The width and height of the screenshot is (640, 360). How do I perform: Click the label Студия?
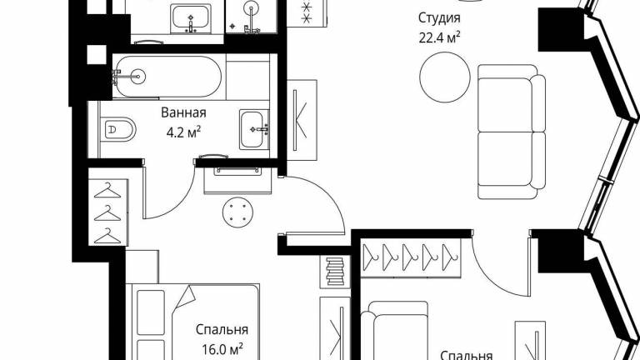click(x=439, y=18)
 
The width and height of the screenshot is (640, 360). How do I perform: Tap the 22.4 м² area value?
click(x=440, y=38)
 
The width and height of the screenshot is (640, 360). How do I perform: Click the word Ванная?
click(x=183, y=112)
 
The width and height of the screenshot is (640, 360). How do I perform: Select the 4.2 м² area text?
click(x=183, y=132)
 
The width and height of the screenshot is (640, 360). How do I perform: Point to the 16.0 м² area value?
click(x=222, y=349)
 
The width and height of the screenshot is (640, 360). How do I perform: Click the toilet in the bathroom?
click(x=117, y=130)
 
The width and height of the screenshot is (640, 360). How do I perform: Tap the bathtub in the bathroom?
click(x=167, y=77)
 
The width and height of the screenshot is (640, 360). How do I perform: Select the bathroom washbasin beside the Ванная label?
click(x=254, y=129)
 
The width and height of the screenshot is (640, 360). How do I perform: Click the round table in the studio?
click(x=445, y=77)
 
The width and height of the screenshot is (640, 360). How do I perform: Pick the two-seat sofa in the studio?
click(x=512, y=132)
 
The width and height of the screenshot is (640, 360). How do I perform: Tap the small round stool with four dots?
click(x=237, y=212)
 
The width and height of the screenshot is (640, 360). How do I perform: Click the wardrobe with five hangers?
click(x=411, y=258)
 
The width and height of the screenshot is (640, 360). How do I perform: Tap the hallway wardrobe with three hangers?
click(x=107, y=212)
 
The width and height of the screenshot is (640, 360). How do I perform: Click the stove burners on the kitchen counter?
click(x=307, y=12)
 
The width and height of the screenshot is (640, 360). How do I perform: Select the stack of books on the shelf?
click(x=336, y=271)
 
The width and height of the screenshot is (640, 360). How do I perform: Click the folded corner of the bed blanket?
click(x=185, y=297)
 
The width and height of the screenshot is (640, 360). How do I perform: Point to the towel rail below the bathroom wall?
click(x=237, y=171)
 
